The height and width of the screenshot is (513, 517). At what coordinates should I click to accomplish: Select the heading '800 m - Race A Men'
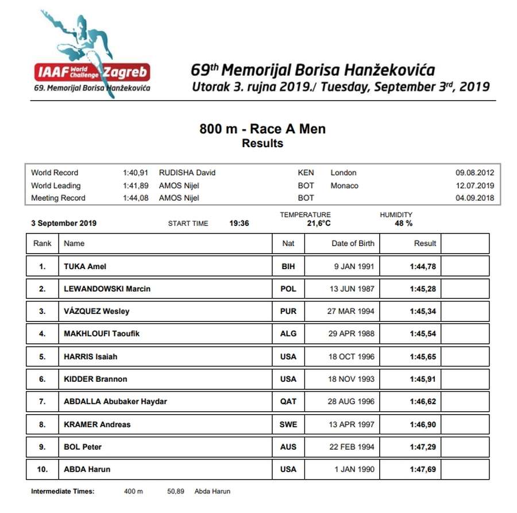pos(262,129)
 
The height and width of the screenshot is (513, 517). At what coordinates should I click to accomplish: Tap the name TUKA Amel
pos(85,266)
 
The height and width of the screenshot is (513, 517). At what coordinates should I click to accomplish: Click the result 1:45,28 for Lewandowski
pos(423,289)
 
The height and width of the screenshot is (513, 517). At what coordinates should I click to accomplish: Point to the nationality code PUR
pos(288,311)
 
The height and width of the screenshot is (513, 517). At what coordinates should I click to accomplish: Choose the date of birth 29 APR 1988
pos(351,334)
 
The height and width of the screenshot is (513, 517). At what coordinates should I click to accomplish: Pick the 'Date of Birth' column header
pos(353,243)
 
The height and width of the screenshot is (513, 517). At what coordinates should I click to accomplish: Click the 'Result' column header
pos(425,243)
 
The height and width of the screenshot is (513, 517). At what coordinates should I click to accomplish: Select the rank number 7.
pos(42,401)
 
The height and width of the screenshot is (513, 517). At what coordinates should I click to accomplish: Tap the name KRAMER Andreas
pos(97,424)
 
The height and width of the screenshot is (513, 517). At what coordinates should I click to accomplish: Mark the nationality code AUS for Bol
pos(288,447)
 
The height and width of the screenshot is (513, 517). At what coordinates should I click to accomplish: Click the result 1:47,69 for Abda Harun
pos(423,469)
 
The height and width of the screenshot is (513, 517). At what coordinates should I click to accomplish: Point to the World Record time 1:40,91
pos(136,173)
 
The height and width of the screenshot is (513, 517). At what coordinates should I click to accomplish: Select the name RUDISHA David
pos(187,173)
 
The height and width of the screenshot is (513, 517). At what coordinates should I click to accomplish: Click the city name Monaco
pos(344,185)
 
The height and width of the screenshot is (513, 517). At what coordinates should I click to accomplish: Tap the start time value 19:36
pos(239,223)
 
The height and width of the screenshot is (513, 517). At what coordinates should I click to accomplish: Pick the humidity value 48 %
pos(403,223)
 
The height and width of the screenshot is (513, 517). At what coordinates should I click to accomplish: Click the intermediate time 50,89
pos(176,491)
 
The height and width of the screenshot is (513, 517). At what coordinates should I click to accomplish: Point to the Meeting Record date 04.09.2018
pos(474,198)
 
